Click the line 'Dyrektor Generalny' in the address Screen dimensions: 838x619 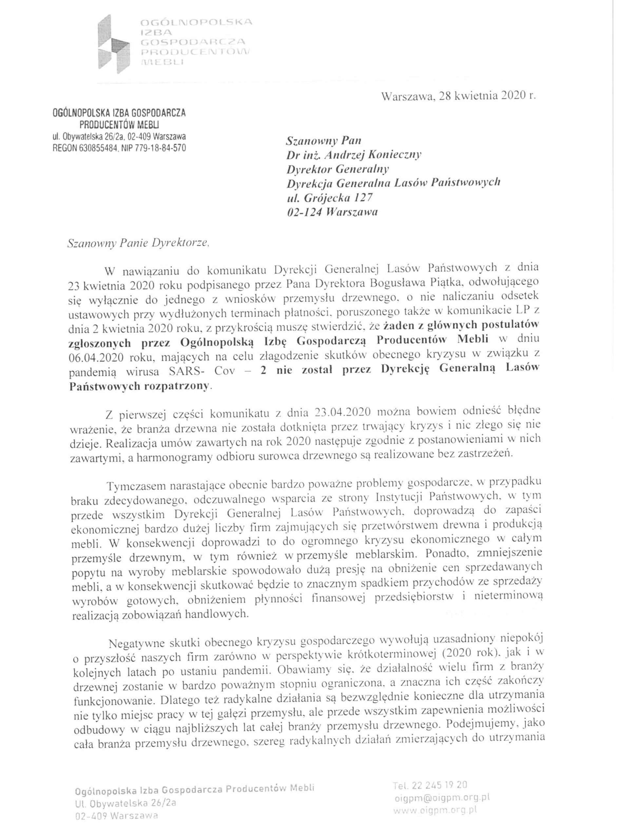pyautogui.click(x=338, y=169)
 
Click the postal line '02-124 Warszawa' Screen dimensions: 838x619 pyautogui.click(x=332, y=212)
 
